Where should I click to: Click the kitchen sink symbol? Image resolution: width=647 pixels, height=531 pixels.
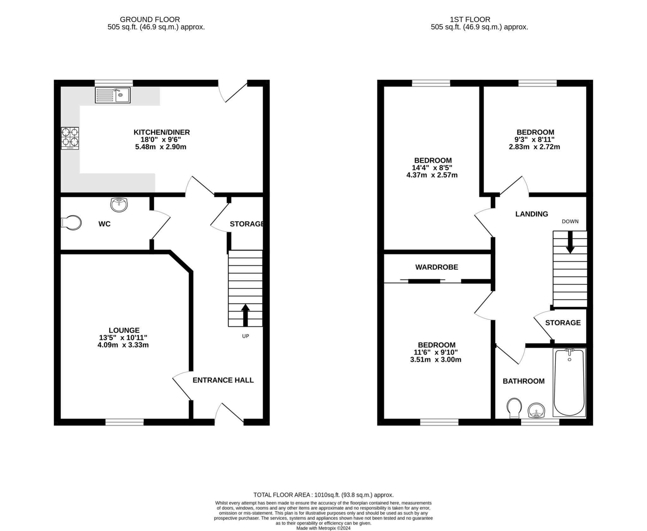pyautogui.click(x=112, y=95)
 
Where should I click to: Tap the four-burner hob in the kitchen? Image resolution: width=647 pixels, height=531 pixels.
pyautogui.click(x=70, y=138)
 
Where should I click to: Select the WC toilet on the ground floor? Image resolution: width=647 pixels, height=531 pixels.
pyautogui.click(x=71, y=223)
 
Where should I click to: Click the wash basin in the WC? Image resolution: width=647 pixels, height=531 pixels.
pyautogui.click(x=119, y=205)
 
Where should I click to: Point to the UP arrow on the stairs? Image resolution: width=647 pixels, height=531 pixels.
pyautogui.click(x=245, y=314)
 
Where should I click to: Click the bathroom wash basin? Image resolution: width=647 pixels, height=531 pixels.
pyautogui.click(x=536, y=410)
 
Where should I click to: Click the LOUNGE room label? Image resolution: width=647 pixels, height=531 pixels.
pyautogui.click(x=124, y=330)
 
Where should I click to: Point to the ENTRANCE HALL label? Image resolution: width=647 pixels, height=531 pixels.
pyautogui.click(x=223, y=380)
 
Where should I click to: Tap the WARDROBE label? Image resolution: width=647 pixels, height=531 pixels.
pyautogui.click(x=437, y=267)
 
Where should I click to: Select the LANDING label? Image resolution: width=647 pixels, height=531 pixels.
pyautogui.click(x=532, y=214)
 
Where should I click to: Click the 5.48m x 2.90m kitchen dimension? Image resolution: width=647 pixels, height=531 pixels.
pyautogui.click(x=160, y=147)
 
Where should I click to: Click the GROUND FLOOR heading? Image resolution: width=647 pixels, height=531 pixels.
pyautogui.click(x=150, y=20)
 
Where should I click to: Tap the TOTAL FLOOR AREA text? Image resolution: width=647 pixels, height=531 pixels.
pyautogui.click(x=323, y=495)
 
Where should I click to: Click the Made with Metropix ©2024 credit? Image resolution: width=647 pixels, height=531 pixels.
pyautogui.click(x=323, y=528)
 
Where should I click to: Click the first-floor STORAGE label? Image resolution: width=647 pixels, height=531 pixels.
pyautogui.click(x=563, y=323)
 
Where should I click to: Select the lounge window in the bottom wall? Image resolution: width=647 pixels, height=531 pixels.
pyautogui.click(x=124, y=422)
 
